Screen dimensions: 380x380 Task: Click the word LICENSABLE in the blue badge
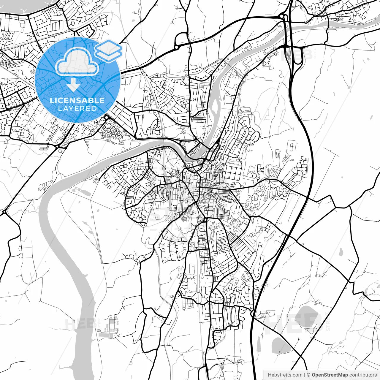(77, 100)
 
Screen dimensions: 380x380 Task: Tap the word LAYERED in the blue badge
(77, 108)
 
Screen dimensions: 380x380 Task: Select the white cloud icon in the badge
(77, 61)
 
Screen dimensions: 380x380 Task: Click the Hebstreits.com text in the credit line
(285, 375)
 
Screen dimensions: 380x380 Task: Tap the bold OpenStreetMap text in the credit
(330, 375)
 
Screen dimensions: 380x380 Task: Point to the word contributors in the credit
(363, 375)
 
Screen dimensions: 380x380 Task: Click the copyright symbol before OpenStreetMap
(308, 375)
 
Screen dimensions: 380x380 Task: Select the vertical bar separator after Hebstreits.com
(305, 375)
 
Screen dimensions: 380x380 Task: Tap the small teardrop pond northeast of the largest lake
(341, 252)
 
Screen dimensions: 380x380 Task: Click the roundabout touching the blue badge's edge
(106, 118)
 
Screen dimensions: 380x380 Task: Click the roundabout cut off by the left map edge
(4, 213)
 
